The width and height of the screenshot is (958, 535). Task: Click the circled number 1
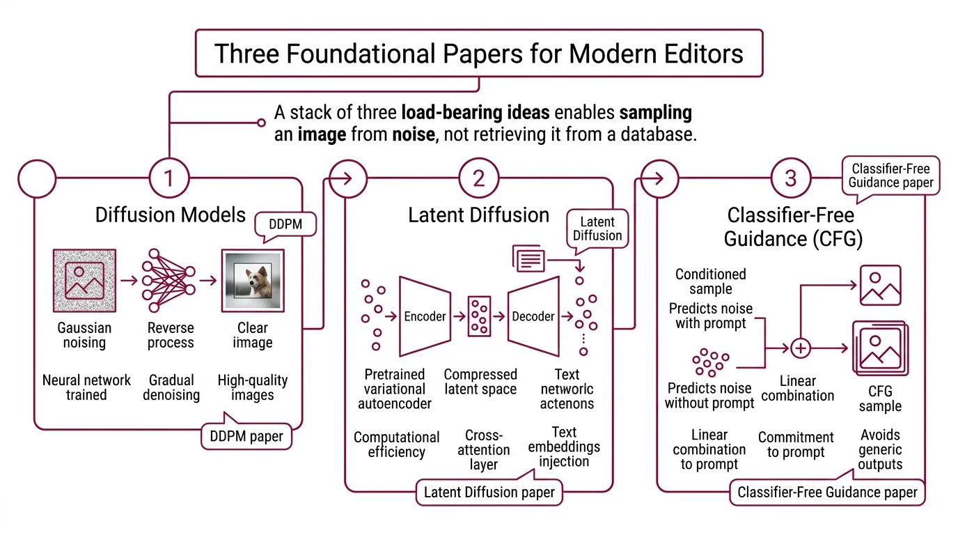168,179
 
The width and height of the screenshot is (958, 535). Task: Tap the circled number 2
479,179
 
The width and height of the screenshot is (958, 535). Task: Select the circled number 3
790,179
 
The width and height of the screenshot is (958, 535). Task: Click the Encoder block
424,316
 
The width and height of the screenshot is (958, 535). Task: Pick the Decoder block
533,316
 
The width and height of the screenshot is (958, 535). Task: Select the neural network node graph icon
168,281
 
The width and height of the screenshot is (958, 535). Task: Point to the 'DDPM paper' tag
247,437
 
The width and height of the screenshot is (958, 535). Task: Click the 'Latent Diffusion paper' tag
489,493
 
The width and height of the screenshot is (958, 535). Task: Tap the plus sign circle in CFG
801,347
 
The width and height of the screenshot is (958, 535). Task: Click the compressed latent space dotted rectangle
480,316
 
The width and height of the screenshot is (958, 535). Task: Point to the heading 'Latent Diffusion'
478,215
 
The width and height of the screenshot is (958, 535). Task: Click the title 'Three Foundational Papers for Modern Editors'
479,54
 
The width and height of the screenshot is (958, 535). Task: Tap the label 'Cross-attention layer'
484,449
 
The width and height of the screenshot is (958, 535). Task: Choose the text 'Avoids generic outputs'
880,450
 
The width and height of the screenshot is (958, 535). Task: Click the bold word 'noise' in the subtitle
409,134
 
